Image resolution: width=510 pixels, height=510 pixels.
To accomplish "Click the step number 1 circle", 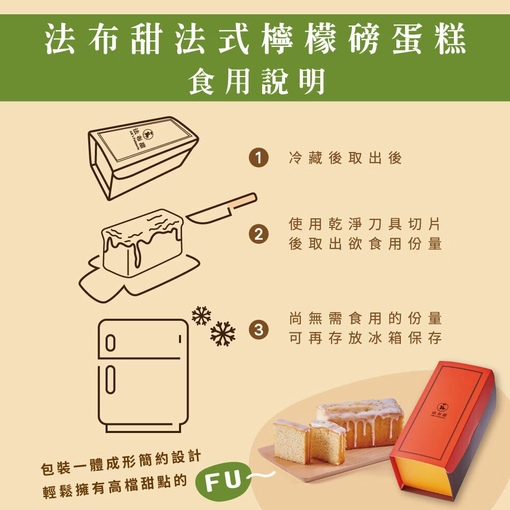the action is (x=259, y=158).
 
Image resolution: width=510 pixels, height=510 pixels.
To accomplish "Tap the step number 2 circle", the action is (x=259, y=234).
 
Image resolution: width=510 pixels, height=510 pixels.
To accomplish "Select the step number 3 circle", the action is (x=259, y=329).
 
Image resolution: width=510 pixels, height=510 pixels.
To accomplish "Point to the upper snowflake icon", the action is (x=201, y=316).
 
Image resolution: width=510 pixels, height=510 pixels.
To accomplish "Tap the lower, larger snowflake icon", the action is (x=223, y=334).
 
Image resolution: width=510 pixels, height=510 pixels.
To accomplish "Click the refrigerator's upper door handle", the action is (x=111, y=343).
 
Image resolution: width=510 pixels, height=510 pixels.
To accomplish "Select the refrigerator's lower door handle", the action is (x=111, y=379).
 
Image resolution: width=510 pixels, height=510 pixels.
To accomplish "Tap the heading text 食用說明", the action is (x=257, y=81).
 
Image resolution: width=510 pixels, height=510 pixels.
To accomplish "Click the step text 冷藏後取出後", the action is (x=345, y=158).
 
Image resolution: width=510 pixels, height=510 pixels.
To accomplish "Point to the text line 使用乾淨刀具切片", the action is (x=365, y=224).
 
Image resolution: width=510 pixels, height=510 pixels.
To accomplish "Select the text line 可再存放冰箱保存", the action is (x=365, y=338).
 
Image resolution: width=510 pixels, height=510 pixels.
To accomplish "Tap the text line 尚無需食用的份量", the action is (x=365, y=318).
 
